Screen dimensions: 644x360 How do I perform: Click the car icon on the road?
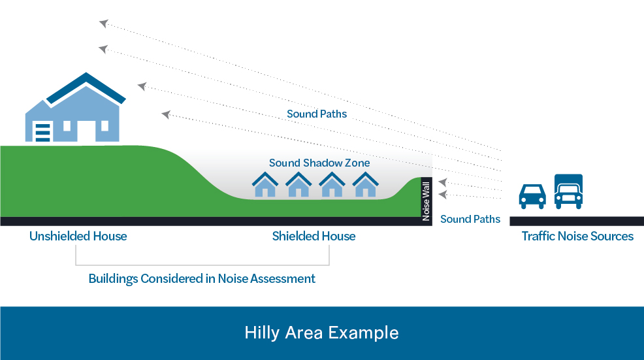pyautogui.click(x=532, y=197)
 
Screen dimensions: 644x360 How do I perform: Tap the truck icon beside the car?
pyautogui.click(x=568, y=191)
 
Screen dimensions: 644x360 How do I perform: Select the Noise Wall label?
pyautogui.click(x=426, y=201)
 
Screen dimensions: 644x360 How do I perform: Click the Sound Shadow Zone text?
pyautogui.click(x=319, y=163)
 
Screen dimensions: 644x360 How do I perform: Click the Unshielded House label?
pyautogui.click(x=78, y=236)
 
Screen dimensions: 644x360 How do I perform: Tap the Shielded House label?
pyautogui.click(x=314, y=236)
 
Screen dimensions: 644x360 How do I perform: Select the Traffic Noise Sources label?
pyautogui.click(x=577, y=236)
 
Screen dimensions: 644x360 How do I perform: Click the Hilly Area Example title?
pyautogui.click(x=321, y=333)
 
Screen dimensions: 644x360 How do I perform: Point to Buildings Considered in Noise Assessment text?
pyautogui.click(x=202, y=278)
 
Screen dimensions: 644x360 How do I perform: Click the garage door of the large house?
pyautogui.click(x=42, y=133)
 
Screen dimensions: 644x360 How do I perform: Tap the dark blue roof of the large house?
pyautogui.click(x=86, y=88)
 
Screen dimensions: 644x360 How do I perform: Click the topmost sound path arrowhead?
pyautogui.click(x=104, y=23)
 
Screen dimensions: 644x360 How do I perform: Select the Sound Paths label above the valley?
pyautogui.click(x=317, y=114)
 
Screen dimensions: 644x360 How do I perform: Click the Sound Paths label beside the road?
pyautogui.click(x=470, y=219)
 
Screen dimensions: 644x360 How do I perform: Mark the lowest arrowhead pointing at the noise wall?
pyautogui.click(x=443, y=195)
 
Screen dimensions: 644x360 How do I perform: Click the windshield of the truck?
pyautogui.click(x=568, y=189)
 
